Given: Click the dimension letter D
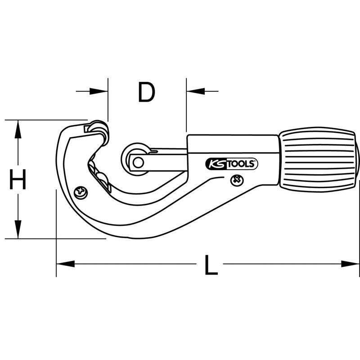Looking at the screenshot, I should pyautogui.click(x=147, y=92).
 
